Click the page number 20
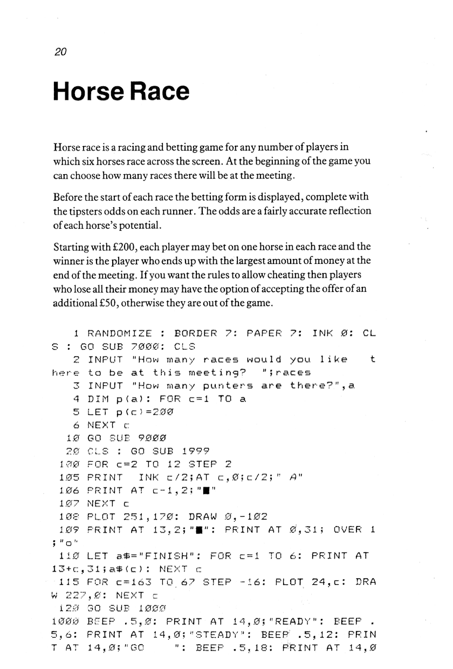[x=60, y=52]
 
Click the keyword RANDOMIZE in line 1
[x=119, y=334]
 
